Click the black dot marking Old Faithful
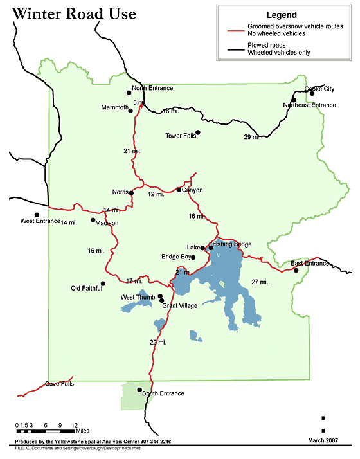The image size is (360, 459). coord(103,283)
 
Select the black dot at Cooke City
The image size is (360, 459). coord(312,93)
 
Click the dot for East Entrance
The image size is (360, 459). coord(296,270)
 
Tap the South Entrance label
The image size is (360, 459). coord(163,393)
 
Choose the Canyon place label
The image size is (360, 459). coord(192,190)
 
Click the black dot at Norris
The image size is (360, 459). coord(131,192)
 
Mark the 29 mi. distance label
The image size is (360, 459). coord(252,137)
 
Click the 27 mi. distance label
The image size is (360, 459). coord(260,282)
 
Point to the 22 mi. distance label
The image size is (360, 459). coord(157,342)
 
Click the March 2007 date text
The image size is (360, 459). coord(322,440)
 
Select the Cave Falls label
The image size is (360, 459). coord(59,384)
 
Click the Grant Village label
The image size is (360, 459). coord(179,306)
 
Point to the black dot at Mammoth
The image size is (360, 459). coord(131,111)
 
